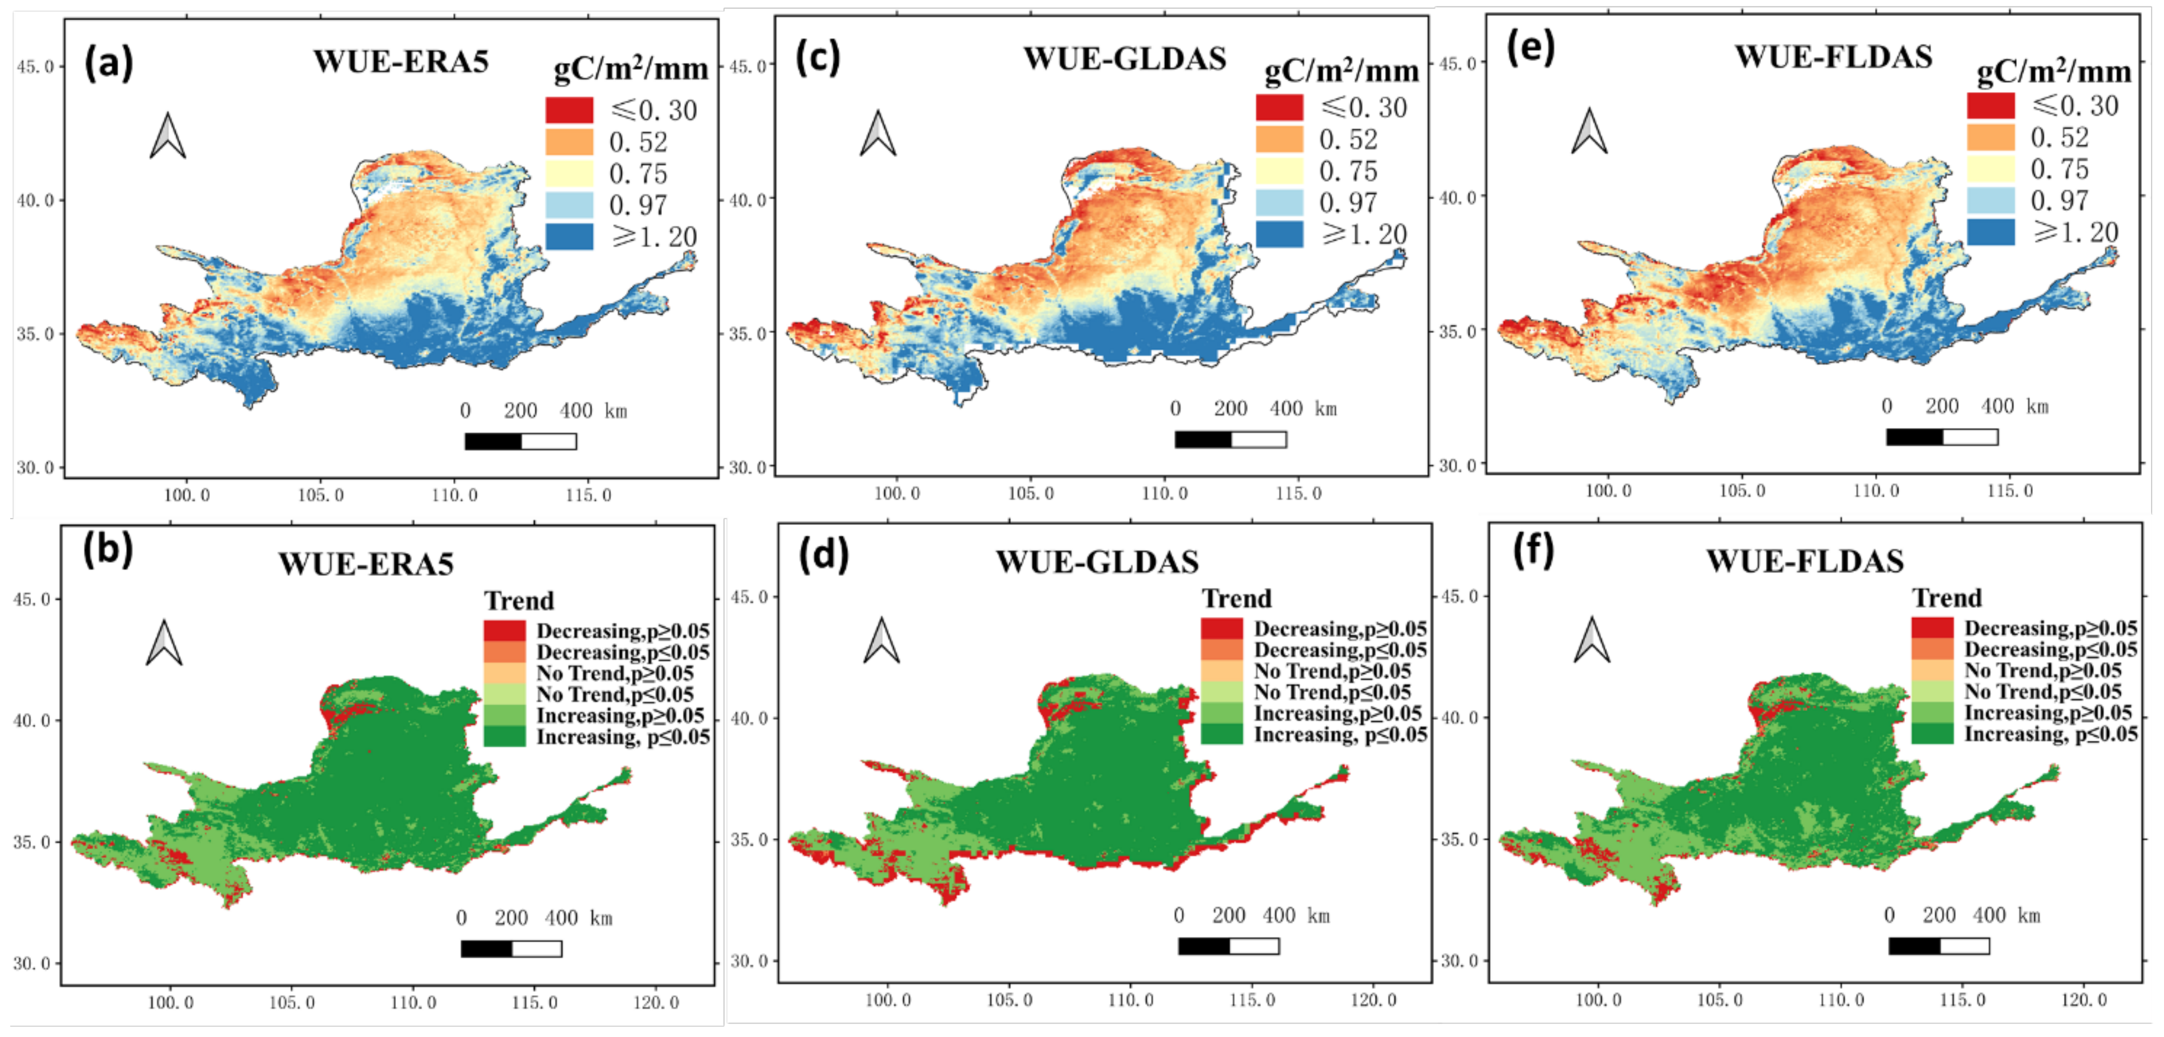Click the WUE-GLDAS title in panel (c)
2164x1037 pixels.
coord(1124,59)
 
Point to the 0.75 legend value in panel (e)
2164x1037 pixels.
coord(2059,169)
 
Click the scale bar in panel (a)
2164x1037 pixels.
coord(520,441)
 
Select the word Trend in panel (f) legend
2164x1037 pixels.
coord(1946,598)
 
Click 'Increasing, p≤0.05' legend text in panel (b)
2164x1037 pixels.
coord(622,737)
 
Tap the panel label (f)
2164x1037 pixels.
coord(1533,551)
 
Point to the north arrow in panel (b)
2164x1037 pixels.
coord(164,643)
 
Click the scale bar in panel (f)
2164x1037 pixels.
coord(1938,945)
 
